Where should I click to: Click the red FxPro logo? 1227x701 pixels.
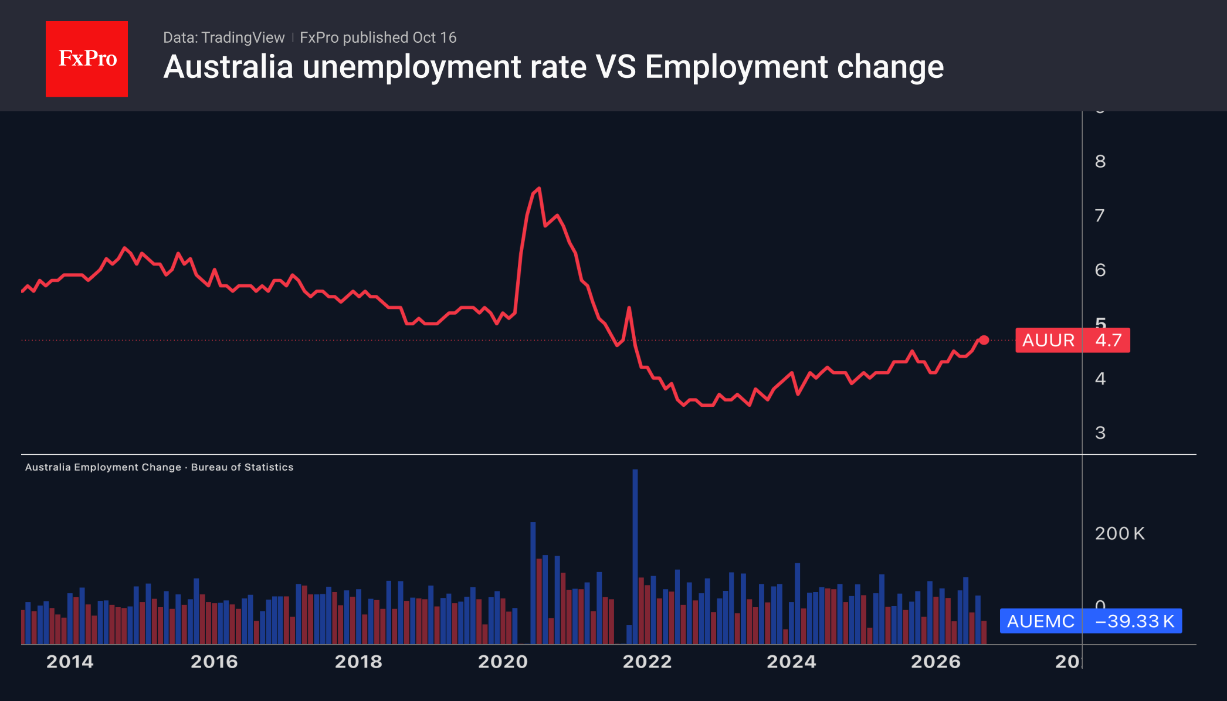[87, 59]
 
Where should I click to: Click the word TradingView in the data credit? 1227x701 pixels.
[243, 38]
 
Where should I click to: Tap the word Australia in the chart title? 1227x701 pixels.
[228, 67]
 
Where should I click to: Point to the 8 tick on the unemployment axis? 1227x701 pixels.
[1100, 161]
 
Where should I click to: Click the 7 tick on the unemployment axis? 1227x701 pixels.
[1100, 216]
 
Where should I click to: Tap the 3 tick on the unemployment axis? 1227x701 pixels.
[1100, 433]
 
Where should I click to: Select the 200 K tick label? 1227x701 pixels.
[1120, 533]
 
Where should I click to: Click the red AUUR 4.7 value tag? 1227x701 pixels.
[1073, 340]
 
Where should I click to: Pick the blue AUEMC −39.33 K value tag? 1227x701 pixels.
[1091, 621]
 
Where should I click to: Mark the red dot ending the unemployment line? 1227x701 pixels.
[984, 340]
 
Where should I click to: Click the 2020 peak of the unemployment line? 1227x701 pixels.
[539, 188]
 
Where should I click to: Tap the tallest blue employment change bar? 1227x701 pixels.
[635, 556]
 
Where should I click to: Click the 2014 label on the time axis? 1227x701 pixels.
[70, 662]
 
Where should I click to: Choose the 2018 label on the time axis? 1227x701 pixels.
[358, 662]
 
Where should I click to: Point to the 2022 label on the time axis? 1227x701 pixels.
[647, 662]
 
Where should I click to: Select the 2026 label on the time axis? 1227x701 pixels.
[935, 662]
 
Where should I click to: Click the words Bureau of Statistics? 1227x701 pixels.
[242, 467]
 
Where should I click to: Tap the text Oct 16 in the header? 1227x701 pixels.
[435, 38]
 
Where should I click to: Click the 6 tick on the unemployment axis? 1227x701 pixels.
[1100, 270]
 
